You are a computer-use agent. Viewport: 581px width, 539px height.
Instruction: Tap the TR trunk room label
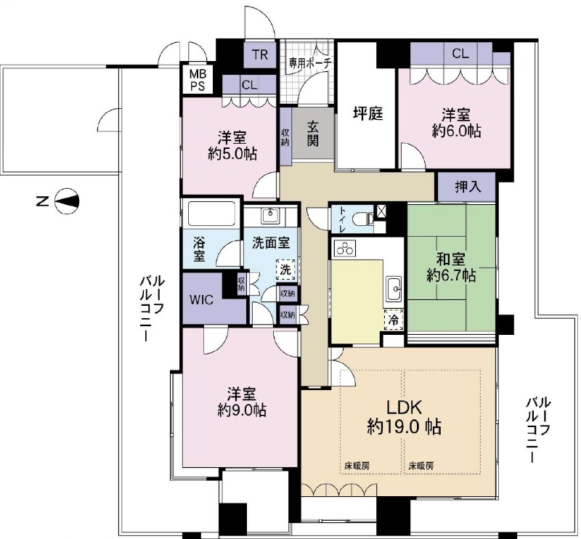click(x=260, y=53)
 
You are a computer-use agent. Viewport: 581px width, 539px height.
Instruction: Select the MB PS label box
click(x=197, y=79)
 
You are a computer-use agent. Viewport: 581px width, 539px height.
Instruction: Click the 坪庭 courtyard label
click(x=367, y=113)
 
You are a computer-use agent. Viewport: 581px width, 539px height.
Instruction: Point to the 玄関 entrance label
click(x=313, y=132)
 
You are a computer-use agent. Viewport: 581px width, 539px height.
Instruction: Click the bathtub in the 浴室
click(x=211, y=215)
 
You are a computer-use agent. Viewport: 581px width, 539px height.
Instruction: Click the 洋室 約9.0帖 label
click(x=240, y=402)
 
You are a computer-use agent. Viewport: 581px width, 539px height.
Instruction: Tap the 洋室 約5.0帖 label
click(x=229, y=145)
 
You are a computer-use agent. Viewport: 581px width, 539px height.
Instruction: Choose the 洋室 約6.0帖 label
click(x=456, y=123)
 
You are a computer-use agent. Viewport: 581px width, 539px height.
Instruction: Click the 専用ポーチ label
click(x=309, y=62)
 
